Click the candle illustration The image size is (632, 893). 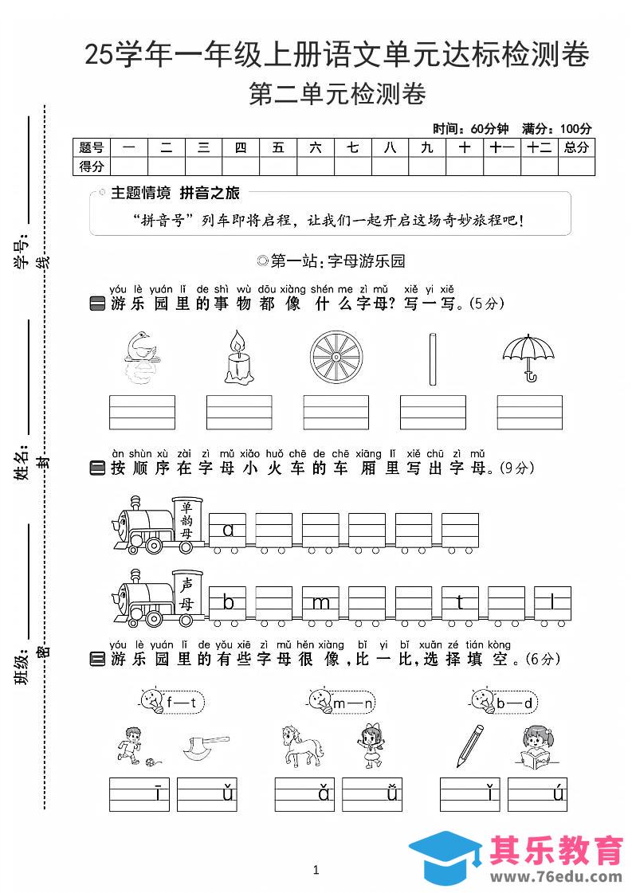click(238, 358)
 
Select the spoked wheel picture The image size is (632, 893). click(336, 357)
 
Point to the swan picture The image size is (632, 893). click(142, 357)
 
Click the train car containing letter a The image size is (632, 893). click(228, 529)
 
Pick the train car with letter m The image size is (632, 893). click(321, 602)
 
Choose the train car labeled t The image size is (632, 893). click(461, 602)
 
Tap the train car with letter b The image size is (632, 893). click(228, 602)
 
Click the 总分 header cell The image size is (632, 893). click(576, 147)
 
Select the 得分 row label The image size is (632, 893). click(91, 166)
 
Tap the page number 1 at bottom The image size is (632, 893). click(316, 870)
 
